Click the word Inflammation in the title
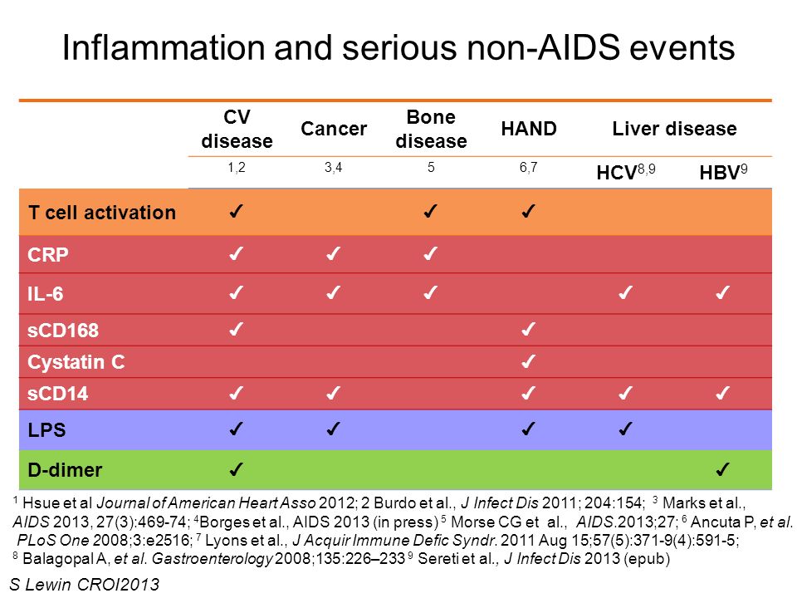tap(164, 48)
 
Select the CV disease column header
tap(237, 130)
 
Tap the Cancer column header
tap(334, 129)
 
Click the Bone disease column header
tap(431, 130)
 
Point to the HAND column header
tap(529, 129)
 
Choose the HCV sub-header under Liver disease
tap(626, 172)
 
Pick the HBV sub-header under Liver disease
tap(723, 172)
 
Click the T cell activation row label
tap(102, 213)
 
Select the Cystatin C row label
tap(76, 362)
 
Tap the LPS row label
tap(46, 430)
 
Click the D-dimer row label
tap(65, 470)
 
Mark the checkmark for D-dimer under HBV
tap(722, 468)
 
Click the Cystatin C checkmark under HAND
tap(528, 361)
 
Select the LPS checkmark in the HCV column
tap(625, 429)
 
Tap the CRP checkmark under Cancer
tap(333, 253)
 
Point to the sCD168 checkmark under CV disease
tap(236, 330)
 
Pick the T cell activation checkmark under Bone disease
tap(430, 210)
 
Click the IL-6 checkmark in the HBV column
tap(722, 292)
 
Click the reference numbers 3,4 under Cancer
tap(334, 167)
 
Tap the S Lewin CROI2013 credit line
tap(85, 585)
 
